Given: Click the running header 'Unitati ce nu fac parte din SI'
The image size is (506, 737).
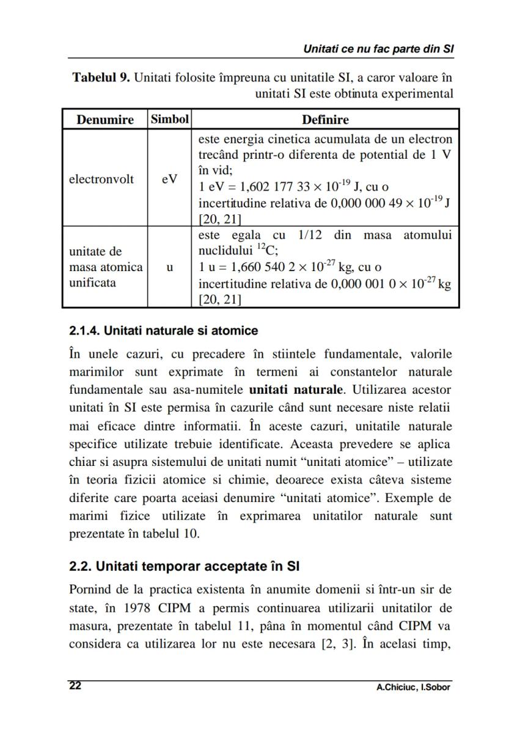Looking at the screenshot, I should [378, 49].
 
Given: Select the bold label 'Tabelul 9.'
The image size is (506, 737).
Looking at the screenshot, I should [100, 78].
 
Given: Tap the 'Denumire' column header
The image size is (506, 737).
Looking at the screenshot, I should [105, 119].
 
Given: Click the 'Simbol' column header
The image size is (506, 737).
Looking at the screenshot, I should [169, 119].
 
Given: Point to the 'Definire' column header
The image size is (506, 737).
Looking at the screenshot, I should [325, 119].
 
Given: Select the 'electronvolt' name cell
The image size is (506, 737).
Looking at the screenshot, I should [101, 179].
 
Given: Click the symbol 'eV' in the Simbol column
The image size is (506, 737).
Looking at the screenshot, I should [169, 179].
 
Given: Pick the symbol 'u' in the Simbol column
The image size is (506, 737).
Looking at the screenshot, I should [169, 267].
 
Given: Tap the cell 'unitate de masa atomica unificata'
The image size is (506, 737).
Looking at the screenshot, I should [105, 267].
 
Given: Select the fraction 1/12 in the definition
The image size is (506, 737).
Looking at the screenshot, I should [310, 236].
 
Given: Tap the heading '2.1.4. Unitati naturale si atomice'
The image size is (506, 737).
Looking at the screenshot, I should [163, 331].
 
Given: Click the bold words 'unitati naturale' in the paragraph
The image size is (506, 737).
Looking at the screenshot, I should [296, 389].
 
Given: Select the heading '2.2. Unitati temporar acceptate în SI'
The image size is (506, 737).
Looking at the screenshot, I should [184, 566].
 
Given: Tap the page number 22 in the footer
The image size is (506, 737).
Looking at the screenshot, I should [75, 686].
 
